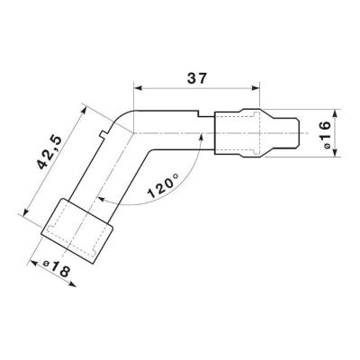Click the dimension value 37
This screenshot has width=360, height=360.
(197, 78)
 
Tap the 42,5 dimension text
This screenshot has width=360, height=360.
(49, 153)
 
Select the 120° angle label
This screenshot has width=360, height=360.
(164, 187)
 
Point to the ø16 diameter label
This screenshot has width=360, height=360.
(325, 133)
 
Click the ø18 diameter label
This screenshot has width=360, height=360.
(57, 266)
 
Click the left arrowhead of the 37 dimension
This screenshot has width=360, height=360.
(138, 88)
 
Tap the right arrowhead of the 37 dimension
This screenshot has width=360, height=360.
(255, 88)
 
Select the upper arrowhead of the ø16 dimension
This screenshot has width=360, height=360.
(336, 113)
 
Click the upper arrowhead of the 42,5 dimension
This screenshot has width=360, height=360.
(84, 110)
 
